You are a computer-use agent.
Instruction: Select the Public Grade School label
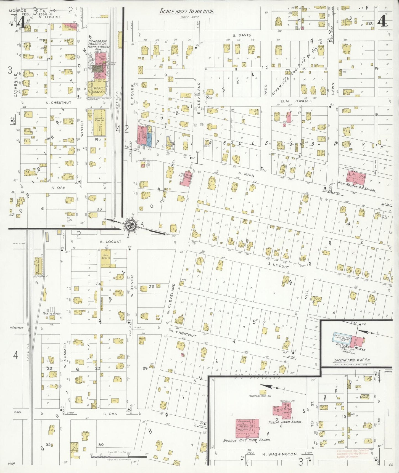[285, 422]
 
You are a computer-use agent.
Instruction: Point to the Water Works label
[350, 347]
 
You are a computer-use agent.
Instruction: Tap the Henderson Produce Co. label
[97, 44]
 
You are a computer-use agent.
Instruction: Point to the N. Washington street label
[279, 454]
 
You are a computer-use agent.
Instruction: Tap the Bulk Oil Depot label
[51, 313]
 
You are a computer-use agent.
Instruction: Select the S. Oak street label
[110, 414]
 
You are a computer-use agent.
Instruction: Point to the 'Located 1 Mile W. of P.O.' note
[352, 360]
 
